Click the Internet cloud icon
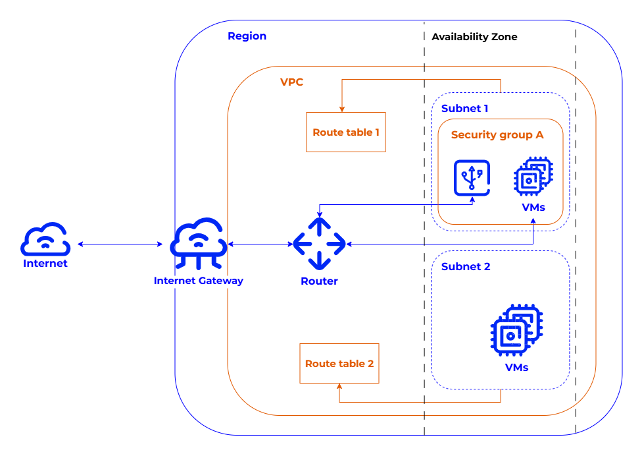pos(45,239)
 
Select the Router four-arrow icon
pos(319,244)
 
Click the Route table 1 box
pos(346,132)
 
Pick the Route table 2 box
pos(339,363)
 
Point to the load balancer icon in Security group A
pos(472,177)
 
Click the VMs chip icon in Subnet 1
pos(533,177)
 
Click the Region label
pos(247,36)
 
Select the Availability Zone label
pos(474,37)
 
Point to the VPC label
pos(291,82)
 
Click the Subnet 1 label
pos(464,108)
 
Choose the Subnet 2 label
pos(466,267)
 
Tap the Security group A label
pos(497,135)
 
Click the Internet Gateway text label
pos(198,281)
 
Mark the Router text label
pos(319,281)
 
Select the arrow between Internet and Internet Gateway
pos(120,244)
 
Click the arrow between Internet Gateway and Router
pos(260,244)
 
